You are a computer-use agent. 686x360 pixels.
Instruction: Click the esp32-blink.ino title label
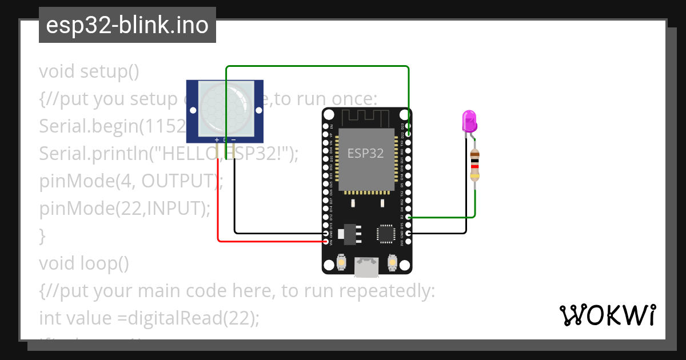(127, 25)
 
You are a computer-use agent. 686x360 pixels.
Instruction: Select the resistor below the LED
(474, 165)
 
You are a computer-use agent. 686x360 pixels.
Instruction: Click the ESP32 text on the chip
(366, 153)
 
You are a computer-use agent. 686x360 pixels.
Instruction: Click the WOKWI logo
(607, 315)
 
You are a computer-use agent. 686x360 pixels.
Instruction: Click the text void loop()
(84, 263)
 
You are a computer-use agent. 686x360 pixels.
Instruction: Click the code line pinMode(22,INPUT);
(125, 209)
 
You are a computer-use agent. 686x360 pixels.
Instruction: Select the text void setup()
(89, 71)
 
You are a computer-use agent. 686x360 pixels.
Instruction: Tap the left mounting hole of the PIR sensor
(193, 110)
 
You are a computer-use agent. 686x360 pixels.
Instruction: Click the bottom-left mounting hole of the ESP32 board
(329, 265)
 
